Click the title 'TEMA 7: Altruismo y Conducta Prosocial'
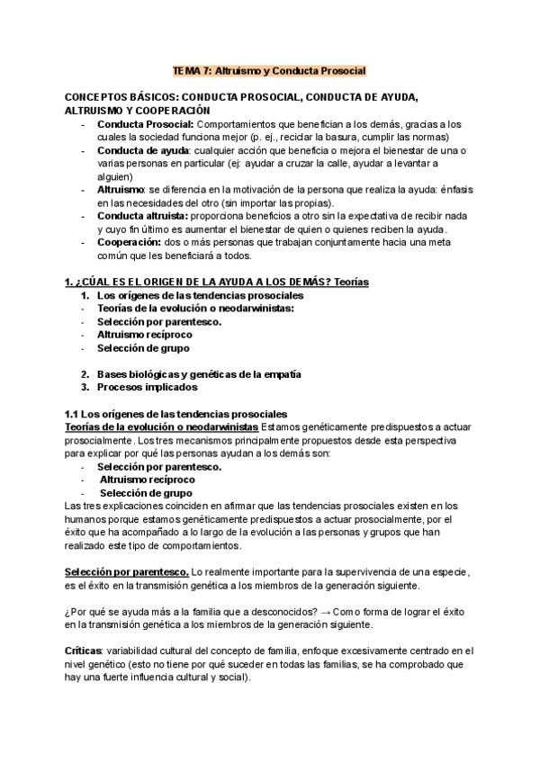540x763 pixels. [269, 70]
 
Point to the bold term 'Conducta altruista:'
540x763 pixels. [142, 217]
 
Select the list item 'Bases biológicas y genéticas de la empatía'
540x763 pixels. [198, 373]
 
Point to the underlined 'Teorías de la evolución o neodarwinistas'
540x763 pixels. [157, 426]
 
